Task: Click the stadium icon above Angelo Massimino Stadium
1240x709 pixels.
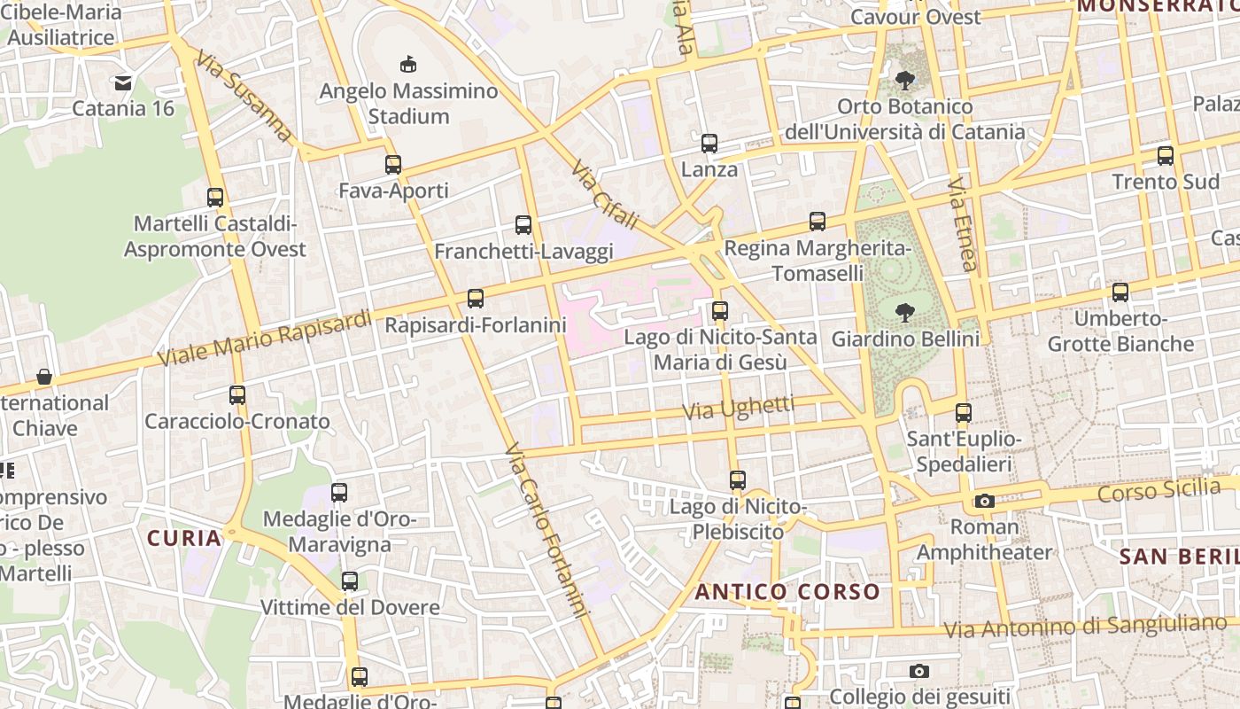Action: click(407, 64)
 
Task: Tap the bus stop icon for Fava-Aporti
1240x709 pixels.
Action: click(393, 164)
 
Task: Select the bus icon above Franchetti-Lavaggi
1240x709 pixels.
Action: click(523, 225)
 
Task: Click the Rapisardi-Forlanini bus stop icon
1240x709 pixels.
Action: click(476, 299)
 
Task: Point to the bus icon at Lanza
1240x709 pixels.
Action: click(709, 144)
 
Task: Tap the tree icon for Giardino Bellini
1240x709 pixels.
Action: click(904, 312)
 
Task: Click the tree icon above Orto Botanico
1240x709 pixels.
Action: click(904, 82)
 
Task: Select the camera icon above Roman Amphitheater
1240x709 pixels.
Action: click(984, 502)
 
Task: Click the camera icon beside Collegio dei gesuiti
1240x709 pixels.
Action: click(919, 671)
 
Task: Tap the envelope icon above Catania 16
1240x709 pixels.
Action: click(122, 83)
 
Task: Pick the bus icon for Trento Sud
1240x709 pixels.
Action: click(1165, 156)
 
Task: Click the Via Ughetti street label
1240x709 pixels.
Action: click(738, 408)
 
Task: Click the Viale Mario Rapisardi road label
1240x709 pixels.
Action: click(264, 339)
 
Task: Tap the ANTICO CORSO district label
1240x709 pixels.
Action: click(787, 592)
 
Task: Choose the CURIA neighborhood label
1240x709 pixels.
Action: click(184, 538)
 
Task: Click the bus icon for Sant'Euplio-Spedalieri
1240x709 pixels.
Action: click(963, 413)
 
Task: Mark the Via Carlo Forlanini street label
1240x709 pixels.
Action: click(546, 530)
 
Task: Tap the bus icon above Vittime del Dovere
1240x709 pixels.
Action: click(350, 582)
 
